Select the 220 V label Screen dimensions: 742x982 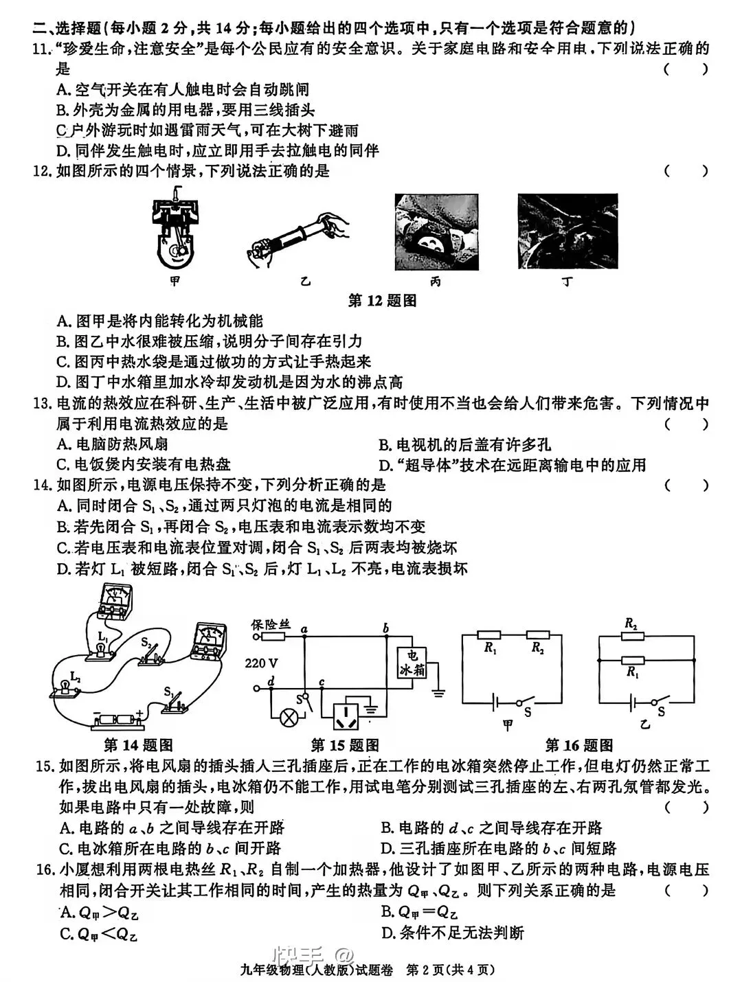[x=261, y=663]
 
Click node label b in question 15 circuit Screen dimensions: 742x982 [x=385, y=627]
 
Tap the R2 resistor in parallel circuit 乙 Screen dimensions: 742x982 [x=631, y=636]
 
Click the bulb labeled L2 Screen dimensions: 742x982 [x=64, y=688]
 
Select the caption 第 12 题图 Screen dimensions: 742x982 [x=383, y=301]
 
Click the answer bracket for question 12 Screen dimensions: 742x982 [x=685, y=171]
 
